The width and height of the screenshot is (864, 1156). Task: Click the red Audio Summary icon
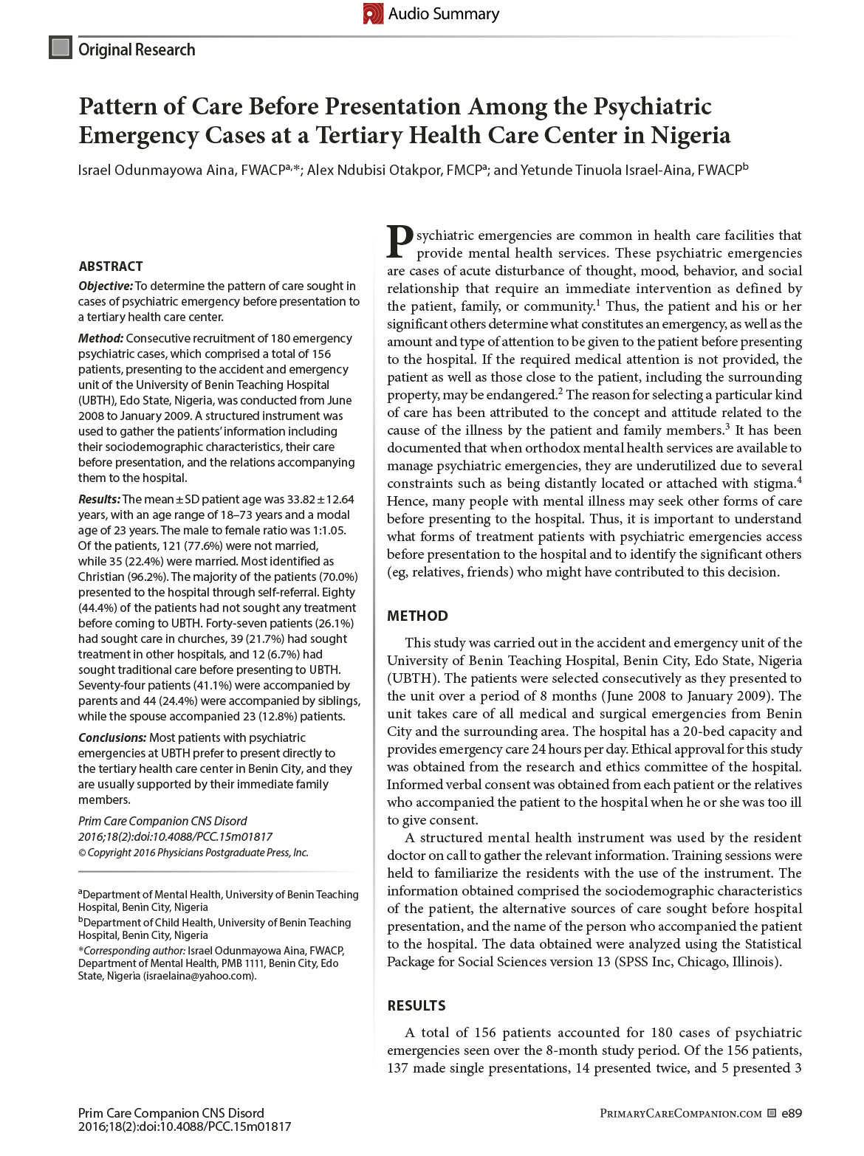point(373,13)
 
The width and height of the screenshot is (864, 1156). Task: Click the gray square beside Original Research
point(60,48)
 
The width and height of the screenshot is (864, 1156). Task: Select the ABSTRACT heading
point(111,266)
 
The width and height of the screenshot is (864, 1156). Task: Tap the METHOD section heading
point(417,616)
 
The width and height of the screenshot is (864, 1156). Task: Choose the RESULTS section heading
point(416,1005)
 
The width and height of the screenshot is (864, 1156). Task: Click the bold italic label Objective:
point(106,286)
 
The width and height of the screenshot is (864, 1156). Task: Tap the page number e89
point(792,1113)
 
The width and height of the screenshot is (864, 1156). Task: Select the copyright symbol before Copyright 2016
point(82,853)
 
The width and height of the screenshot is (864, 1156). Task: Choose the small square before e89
point(772,1113)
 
